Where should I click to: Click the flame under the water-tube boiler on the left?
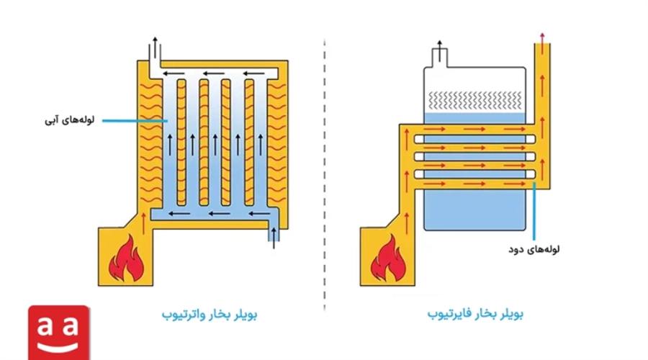coord(127,258)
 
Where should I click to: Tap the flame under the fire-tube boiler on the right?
coord(389,258)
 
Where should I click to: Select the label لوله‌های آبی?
coord(69,120)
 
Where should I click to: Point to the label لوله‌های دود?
coord(534,249)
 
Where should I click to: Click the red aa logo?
coord(59,333)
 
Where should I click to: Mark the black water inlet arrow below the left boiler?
coord(274,238)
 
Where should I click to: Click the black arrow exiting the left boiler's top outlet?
coord(155,47)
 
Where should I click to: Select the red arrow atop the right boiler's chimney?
coord(542,37)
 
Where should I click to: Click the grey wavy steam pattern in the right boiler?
coord(475,100)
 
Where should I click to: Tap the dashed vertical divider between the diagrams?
coord(325,174)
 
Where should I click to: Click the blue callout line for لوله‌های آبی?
coord(135,121)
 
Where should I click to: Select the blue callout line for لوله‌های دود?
coord(534,211)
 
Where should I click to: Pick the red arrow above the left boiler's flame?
coord(144,223)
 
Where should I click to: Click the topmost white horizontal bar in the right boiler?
coord(475,139)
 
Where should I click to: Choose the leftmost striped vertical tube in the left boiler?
coord(181,143)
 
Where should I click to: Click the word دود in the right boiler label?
coord(516,250)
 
